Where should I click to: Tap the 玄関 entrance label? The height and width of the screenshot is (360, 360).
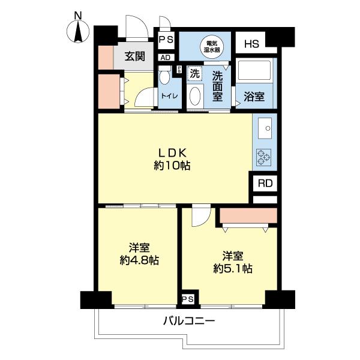(x=135, y=57)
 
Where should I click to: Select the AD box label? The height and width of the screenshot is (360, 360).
(x=165, y=58)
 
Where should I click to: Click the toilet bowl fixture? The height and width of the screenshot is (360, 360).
(x=164, y=78)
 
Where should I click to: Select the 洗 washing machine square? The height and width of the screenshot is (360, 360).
(x=195, y=74)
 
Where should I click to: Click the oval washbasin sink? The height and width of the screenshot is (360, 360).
(x=195, y=97)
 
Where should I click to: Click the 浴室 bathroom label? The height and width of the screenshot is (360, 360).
(x=254, y=95)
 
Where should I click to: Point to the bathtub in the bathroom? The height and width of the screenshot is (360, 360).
(x=255, y=72)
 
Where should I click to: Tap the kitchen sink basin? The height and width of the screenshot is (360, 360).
(x=265, y=127)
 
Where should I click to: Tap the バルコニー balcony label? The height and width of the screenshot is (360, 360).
(x=188, y=321)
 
